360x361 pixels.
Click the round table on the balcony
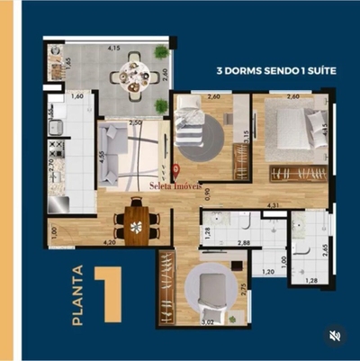coord(134,73)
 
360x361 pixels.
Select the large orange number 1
coord(111,293)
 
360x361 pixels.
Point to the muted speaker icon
coord(334,336)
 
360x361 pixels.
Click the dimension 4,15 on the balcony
coord(114,48)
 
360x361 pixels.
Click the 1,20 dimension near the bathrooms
coord(269,273)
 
